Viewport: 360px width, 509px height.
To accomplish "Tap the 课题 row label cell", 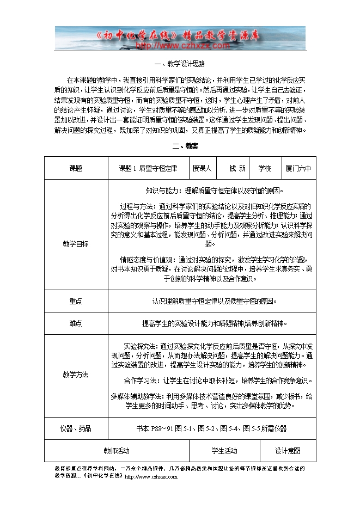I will (x=76, y=168).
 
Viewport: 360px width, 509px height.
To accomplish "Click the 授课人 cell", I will (x=202, y=168).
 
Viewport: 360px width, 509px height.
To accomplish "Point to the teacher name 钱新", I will (x=237, y=168).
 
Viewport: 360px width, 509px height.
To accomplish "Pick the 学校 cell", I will (x=265, y=168).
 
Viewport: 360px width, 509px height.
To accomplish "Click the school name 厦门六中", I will (x=298, y=168).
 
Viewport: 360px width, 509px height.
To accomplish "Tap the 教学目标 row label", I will (x=76, y=243).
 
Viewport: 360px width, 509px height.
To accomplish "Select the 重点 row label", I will (x=76, y=301).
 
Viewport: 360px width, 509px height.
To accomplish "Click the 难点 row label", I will (x=76, y=323).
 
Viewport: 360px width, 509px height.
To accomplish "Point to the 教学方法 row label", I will (x=76, y=375).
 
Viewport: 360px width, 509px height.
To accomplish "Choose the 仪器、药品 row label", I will (x=76, y=428).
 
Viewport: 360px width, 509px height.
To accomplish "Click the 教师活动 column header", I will (x=117, y=451).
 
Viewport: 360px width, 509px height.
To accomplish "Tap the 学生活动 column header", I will (x=224, y=451).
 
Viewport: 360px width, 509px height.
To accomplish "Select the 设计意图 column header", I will (x=288, y=451).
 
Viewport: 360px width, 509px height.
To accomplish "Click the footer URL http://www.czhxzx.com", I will (x=151, y=477).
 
